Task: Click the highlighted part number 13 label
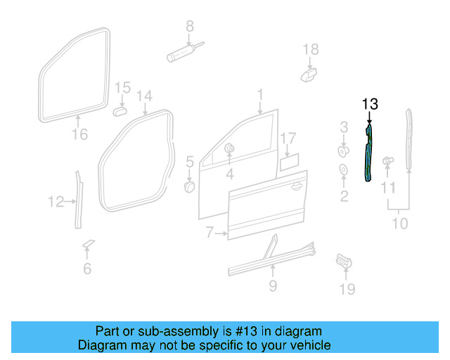[371, 105]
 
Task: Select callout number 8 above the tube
[189, 27]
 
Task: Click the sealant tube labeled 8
[181, 53]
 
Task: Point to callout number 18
[310, 49]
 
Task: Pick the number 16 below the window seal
[80, 134]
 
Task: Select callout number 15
[123, 87]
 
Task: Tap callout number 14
[144, 96]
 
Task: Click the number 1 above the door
[259, 94]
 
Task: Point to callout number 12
[56, 202]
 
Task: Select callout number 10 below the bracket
[399, 224]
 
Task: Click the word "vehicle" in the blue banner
[307, 345]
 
